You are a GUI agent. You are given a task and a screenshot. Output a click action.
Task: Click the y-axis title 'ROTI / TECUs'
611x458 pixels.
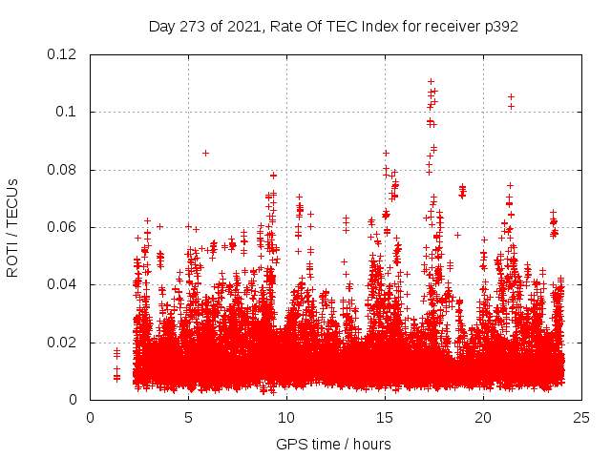13,227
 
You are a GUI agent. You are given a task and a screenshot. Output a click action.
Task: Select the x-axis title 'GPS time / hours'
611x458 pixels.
333,444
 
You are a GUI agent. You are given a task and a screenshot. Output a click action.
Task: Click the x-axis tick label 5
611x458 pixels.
188,418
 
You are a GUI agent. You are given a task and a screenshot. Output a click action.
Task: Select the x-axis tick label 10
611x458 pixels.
286,418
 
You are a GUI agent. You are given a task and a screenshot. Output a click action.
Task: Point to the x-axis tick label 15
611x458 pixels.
385,418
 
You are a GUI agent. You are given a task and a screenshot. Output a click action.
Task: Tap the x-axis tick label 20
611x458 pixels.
483,418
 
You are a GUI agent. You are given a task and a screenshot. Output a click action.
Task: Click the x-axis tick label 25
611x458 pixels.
581,418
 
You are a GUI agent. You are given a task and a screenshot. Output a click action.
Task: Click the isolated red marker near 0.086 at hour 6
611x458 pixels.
205,153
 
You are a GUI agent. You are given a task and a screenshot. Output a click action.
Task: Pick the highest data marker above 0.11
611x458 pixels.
432,82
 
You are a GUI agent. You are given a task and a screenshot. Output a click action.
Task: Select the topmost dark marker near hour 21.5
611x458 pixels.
511,96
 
